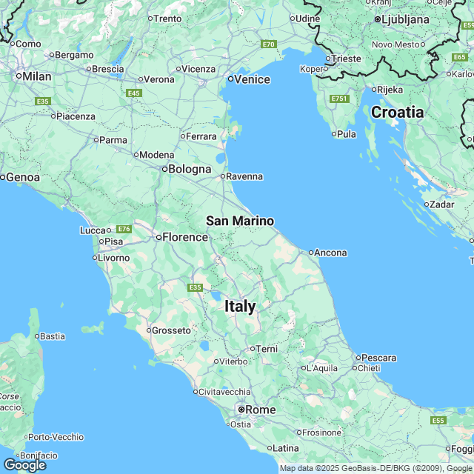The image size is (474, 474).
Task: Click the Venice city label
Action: pos(253,79)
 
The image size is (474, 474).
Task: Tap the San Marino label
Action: pos(239,221)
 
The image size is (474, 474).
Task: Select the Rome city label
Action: pos(260,410)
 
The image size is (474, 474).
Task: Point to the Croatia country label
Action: pos(397,113)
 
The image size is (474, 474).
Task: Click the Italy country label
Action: pos(240,306)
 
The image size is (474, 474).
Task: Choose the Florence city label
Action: pos(185,237)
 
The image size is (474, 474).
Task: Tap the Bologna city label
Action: pos(190,169)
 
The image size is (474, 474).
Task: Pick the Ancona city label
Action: pos(330,253)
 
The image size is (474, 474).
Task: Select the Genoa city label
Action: pos(23,177)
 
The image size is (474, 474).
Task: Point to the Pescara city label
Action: pos(380,358)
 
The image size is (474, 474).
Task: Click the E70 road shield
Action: pos(268,44)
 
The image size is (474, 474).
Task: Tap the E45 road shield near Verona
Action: pos(134,93)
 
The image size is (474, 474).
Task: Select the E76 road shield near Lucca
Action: pos(124,229)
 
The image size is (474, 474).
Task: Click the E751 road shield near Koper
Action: pos(340,99)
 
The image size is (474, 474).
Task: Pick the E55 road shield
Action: pos(438,421)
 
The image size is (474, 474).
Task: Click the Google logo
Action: pos(24,464)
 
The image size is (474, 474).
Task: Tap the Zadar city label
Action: pos(441,204)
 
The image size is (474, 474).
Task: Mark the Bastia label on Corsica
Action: pos(52,336)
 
